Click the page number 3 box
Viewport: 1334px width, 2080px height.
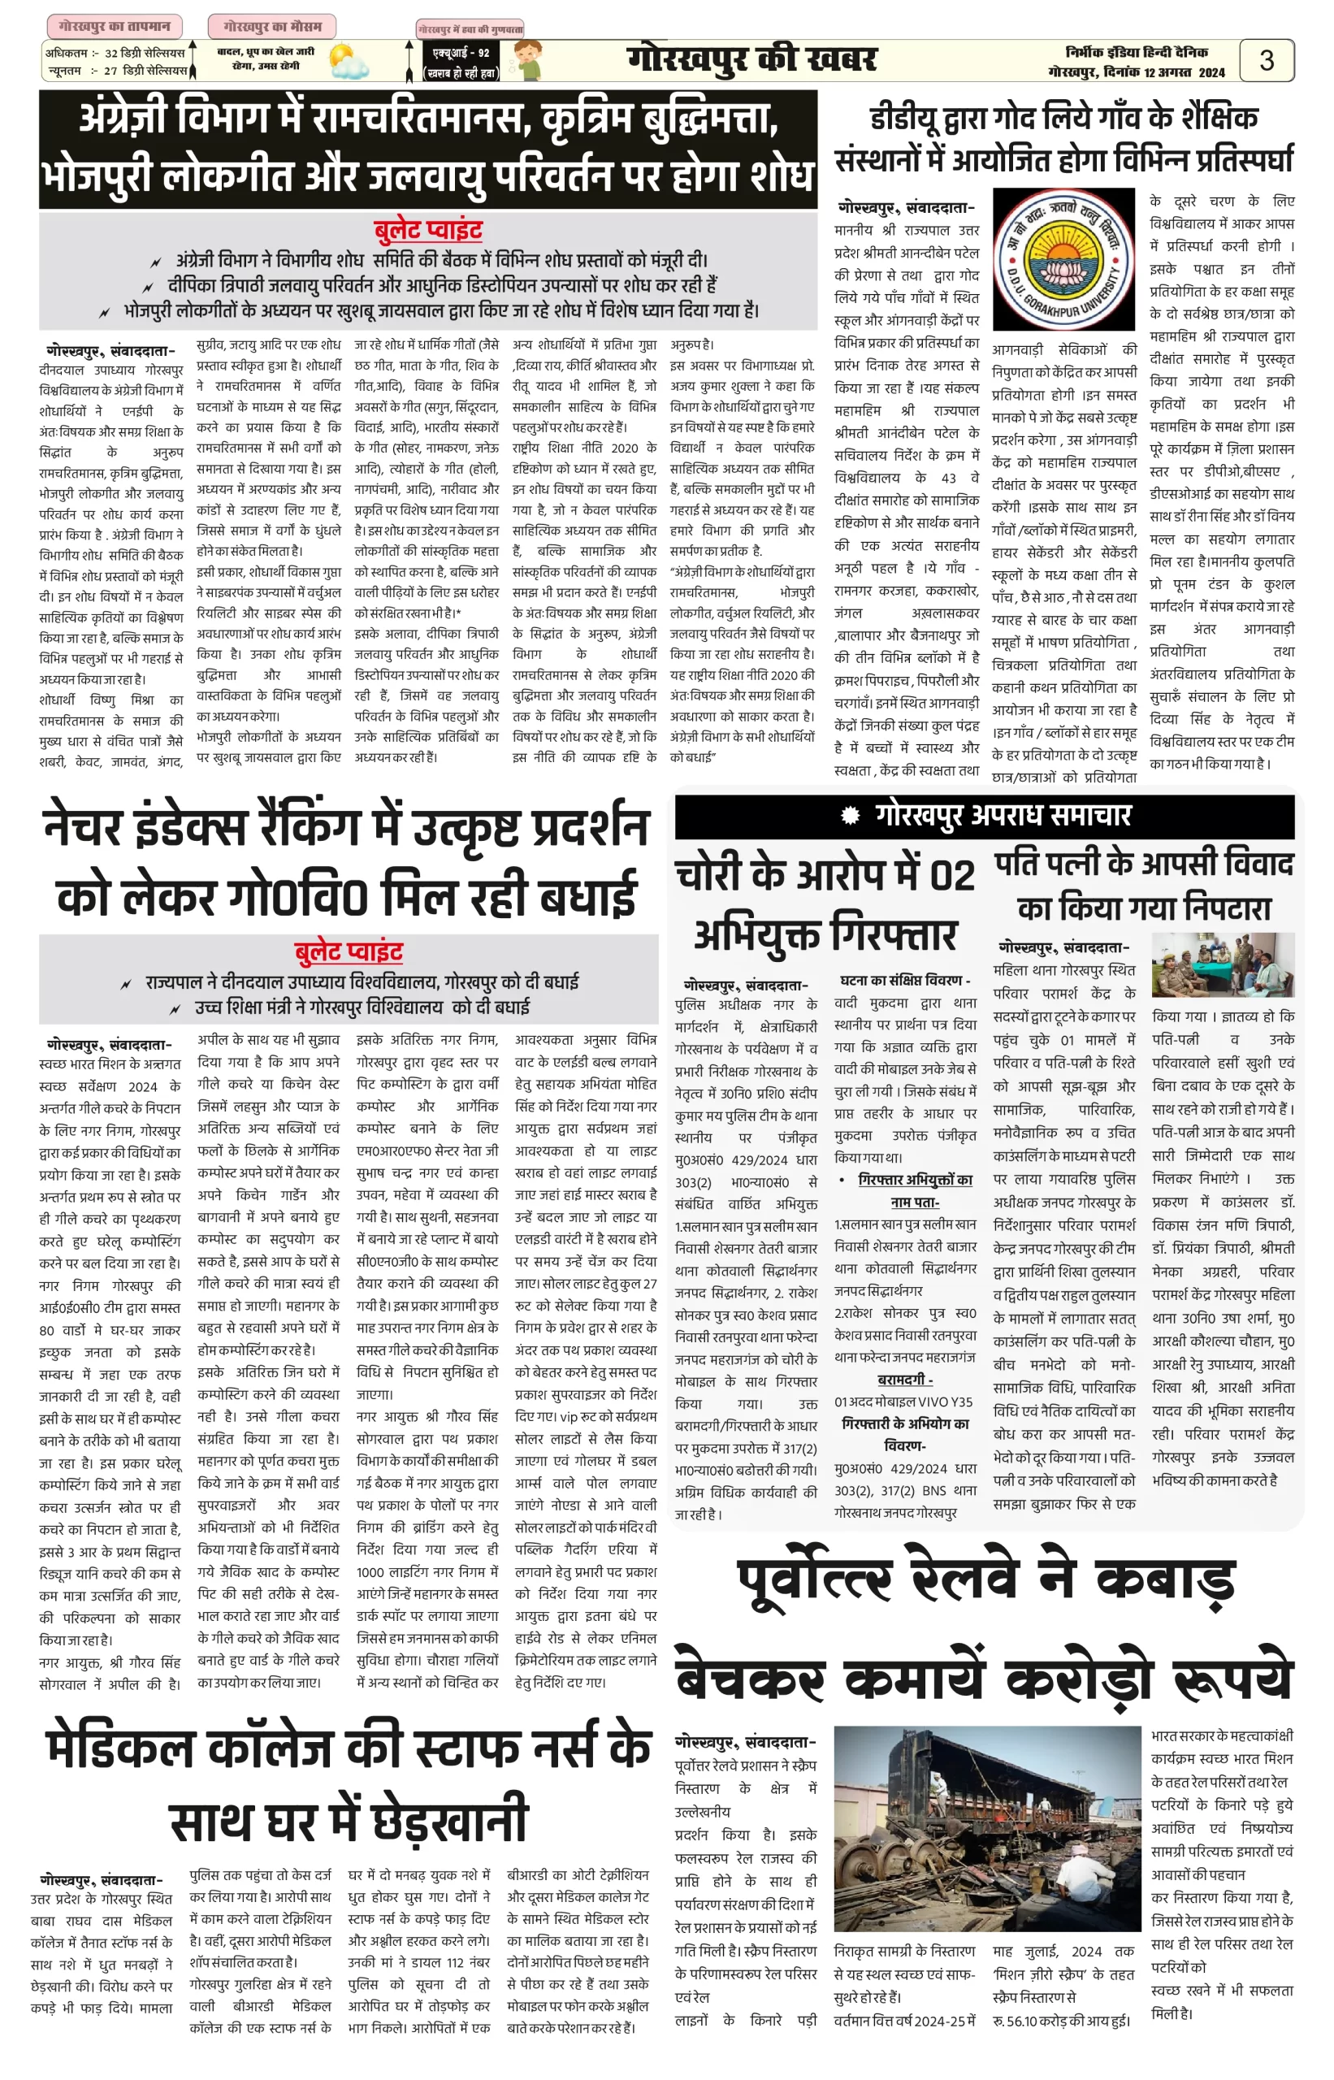click(1266, 60)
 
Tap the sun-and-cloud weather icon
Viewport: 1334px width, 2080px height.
click(348, 63)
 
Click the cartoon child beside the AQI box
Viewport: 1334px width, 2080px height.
click(526, 62)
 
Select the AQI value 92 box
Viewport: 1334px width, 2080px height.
click(461, 62)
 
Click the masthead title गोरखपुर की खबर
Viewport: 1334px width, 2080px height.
click(751, 59)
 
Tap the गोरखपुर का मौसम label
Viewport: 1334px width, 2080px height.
click(271, 26)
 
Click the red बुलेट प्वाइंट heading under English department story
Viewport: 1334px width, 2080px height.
click(428, 231)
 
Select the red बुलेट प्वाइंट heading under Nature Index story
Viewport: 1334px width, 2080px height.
click(349, 952)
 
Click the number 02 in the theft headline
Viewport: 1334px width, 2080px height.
click(951, 875)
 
